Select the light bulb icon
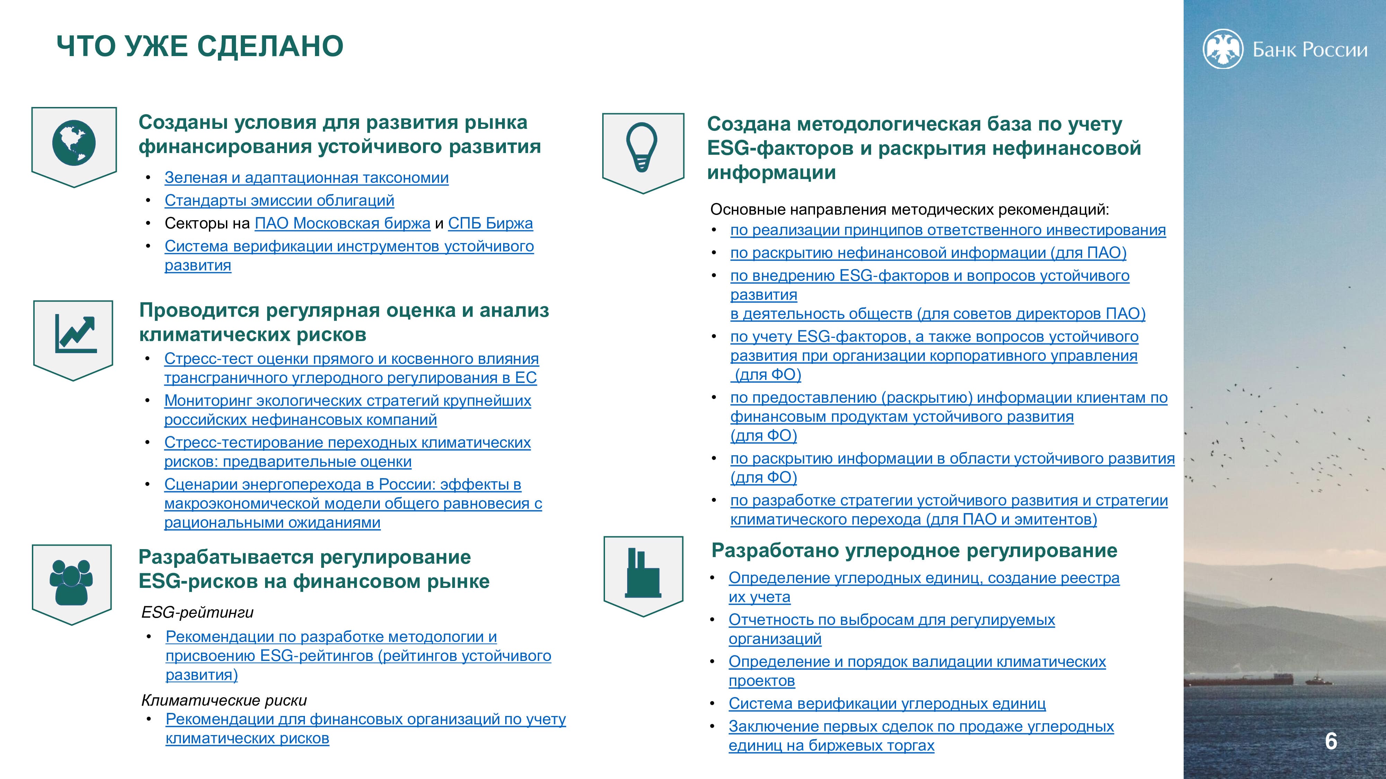tap(642, 147)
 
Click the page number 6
tap(1331, 741)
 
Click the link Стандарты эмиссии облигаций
tap(279, 200)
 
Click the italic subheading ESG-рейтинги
tap(197, 612)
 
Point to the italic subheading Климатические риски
tap(224, 700)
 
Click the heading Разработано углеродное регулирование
tap(914, 550)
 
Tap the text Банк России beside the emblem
tap(1310, 50)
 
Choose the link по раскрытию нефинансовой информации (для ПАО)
tap(928, 253)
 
